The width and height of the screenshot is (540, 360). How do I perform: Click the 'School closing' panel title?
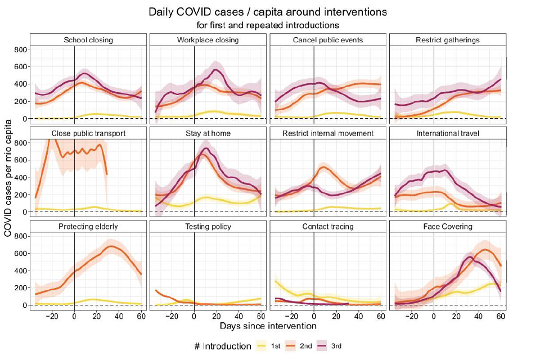click(88, 40)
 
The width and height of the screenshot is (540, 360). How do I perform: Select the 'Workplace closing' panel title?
click(208, 40)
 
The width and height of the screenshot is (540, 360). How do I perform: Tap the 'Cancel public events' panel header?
click(328, 40)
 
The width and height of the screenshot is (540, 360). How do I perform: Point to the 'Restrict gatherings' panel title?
click(448, 40)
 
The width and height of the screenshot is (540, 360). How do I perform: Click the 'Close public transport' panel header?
click(88, 133)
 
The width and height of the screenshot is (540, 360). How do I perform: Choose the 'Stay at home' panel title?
click(208, 133)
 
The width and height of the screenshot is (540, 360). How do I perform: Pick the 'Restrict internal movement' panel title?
click(328, 133)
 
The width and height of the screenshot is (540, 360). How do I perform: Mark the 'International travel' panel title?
click(448, 133)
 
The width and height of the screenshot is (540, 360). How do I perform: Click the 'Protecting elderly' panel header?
click(88, 227)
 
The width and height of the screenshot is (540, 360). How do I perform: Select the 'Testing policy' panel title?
click(208, 227)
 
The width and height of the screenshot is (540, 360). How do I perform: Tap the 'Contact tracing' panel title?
click(328, 227)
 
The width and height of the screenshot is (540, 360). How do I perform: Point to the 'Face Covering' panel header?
click(448, 227)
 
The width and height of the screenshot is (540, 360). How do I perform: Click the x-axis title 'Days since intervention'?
click(268, 326)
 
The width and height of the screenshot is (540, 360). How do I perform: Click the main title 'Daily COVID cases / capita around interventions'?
click(268, 12)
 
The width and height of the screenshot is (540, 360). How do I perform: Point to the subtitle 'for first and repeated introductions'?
click(268, 25)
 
